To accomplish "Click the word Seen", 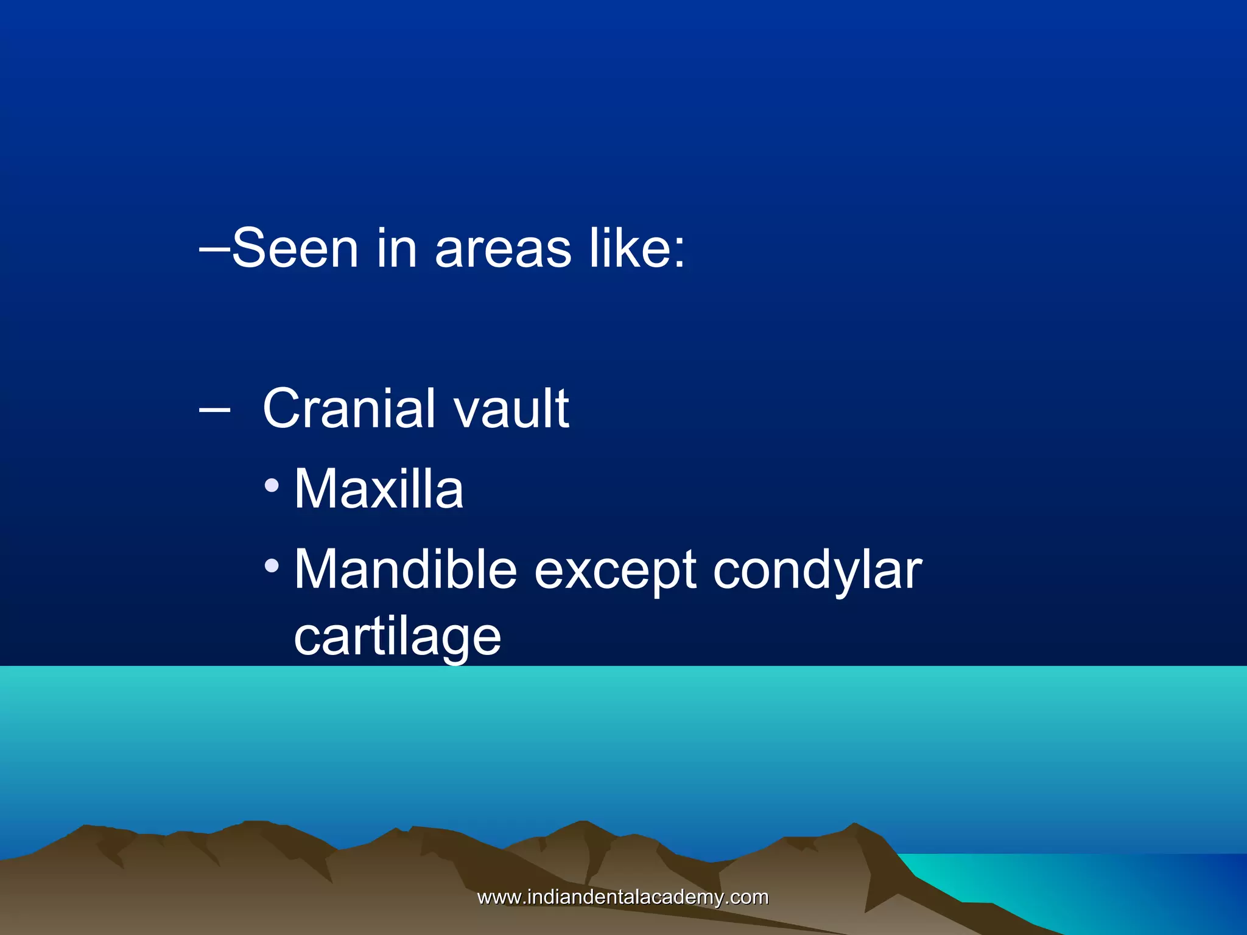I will (295, 248).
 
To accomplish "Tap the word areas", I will (503, 249).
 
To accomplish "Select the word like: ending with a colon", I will (637, 248).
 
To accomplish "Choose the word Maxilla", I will (379, 489).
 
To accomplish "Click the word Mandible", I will (406, 570).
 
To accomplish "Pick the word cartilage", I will (397, 638).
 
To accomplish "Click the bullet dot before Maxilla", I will (272, 486).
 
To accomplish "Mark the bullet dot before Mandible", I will (272, 567).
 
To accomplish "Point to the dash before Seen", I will (214, 248).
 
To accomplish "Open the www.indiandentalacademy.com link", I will (623, 897).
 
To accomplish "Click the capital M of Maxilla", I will (315, 489).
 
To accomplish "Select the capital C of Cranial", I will (282, 408).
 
